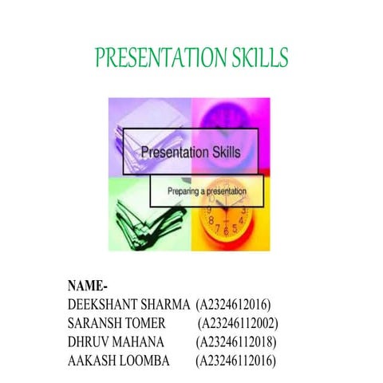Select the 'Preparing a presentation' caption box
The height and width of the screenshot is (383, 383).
pos(207,192)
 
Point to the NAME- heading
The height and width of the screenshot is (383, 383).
pos(88,286)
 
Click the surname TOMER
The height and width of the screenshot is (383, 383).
pos(145,323)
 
